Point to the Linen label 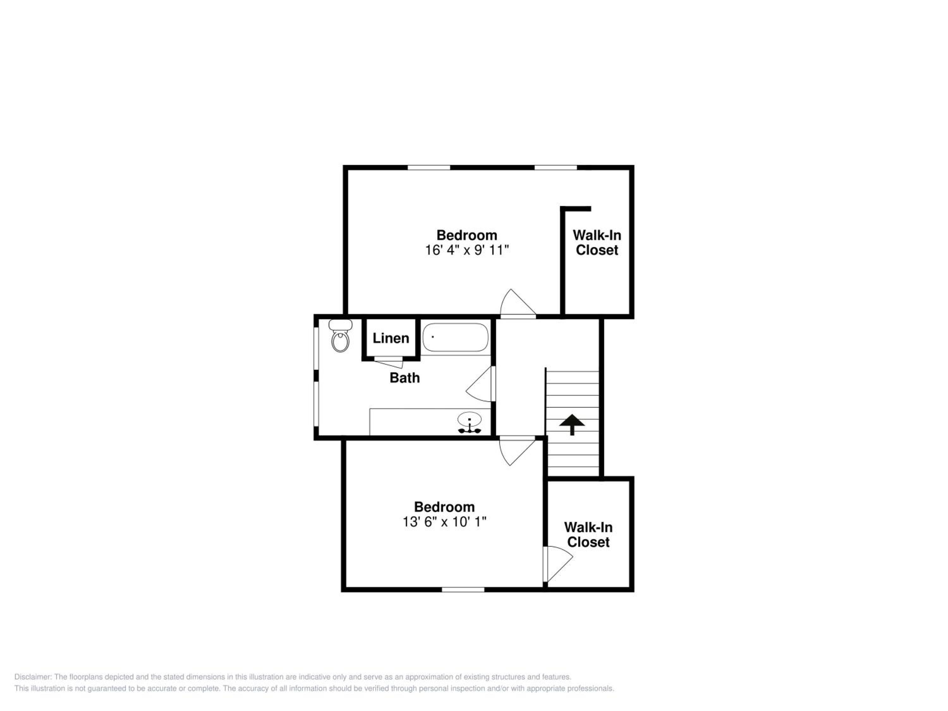point(391,338)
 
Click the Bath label point(404,378)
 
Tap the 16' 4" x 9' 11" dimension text point(467,250)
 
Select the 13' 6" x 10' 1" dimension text point(444,522)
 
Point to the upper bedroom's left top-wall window point(428,167)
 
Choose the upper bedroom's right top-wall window point(556,167)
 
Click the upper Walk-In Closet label point(597,243)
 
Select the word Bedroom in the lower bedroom point(444,507)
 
